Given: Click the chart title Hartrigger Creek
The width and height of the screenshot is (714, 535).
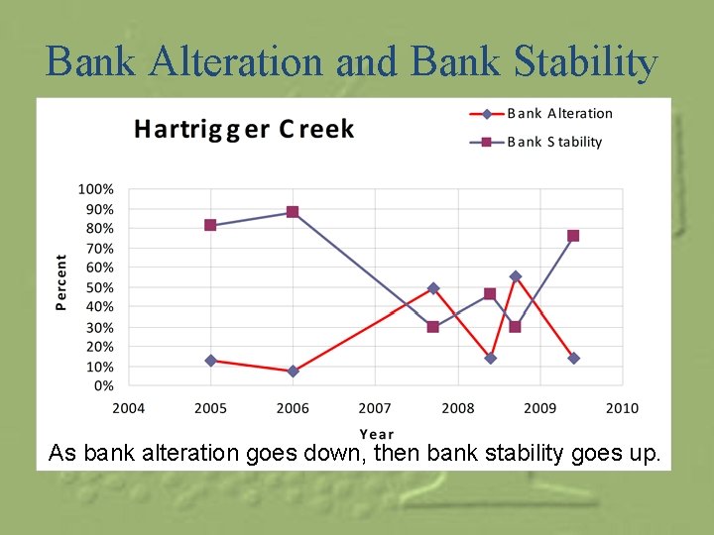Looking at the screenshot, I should click(x=244, y=129).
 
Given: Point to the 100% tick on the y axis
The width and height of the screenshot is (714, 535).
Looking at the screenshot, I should click(x=96, y=189).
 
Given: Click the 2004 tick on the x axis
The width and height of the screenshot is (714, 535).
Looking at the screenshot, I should click(x=128, y=408).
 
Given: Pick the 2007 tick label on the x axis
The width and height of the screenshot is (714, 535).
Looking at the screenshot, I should click(x=374, y=408).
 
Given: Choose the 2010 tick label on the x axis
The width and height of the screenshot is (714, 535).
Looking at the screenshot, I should click(x=622, y=408).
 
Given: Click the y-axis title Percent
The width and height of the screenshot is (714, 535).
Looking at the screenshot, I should click(x=61, y=282).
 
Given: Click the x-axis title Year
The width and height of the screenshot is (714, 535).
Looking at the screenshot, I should click(x=377, y=434).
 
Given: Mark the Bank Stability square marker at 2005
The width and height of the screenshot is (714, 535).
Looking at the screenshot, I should click(x=210, y=225).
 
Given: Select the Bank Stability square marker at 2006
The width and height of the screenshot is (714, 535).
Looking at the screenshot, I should click(x=293, y=212).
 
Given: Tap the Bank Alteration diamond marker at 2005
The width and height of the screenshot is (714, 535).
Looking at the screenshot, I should click(x=210, y=361).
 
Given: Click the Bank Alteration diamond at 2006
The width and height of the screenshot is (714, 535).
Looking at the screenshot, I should click(x=293, y=372).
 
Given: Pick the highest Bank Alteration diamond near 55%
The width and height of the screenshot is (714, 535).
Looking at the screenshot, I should click(x=516, y=276).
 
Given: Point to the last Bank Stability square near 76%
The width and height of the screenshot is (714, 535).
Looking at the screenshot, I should click(x=573, y=236).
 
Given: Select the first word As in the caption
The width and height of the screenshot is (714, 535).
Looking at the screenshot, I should click(x=62, y=454).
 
